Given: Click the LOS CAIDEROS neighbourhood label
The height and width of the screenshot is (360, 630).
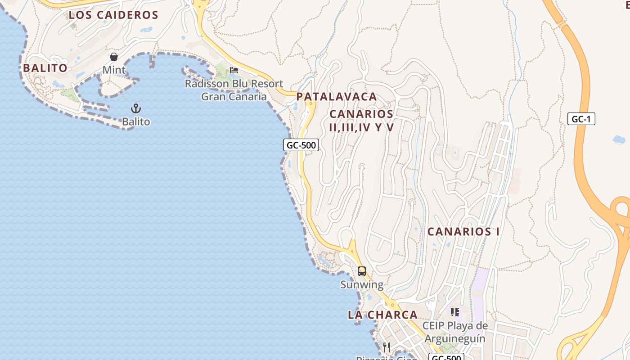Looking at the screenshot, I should click(113, 15).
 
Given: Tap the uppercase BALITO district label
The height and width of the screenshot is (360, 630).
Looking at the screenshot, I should click(45, 68).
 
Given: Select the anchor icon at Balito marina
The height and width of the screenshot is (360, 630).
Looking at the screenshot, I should click(136, 108).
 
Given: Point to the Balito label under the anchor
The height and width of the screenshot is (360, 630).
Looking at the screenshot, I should click(136, 121).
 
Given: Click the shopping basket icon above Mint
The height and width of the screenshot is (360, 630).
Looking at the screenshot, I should click(114, 57).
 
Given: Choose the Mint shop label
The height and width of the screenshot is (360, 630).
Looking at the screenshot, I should click(114, 70).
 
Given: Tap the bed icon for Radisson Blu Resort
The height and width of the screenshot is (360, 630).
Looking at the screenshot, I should click(234, 70).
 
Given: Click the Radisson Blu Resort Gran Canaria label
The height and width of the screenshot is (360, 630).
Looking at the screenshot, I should click(234, 90).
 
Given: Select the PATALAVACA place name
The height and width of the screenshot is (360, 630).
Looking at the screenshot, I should click(337, 96).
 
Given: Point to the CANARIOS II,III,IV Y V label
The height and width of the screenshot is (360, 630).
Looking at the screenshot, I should click(361, 121).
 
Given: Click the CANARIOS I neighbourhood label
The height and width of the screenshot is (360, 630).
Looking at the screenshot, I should click(463, 232).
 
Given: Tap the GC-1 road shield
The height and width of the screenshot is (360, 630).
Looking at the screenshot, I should click(581, 119).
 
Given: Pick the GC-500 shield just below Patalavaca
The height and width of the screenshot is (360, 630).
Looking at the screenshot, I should click(301, 145).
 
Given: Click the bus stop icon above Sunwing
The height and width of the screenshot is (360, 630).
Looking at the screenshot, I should click(362, 271).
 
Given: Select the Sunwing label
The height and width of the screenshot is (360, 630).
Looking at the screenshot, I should click(362, 284).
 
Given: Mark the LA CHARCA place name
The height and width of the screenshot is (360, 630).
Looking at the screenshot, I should click(382, 315).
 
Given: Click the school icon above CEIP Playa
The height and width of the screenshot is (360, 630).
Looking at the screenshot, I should click(455, 312).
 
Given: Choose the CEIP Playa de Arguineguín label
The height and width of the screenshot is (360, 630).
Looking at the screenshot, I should click(455, 332).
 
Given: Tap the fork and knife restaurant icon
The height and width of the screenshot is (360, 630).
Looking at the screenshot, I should click(387, 347).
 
